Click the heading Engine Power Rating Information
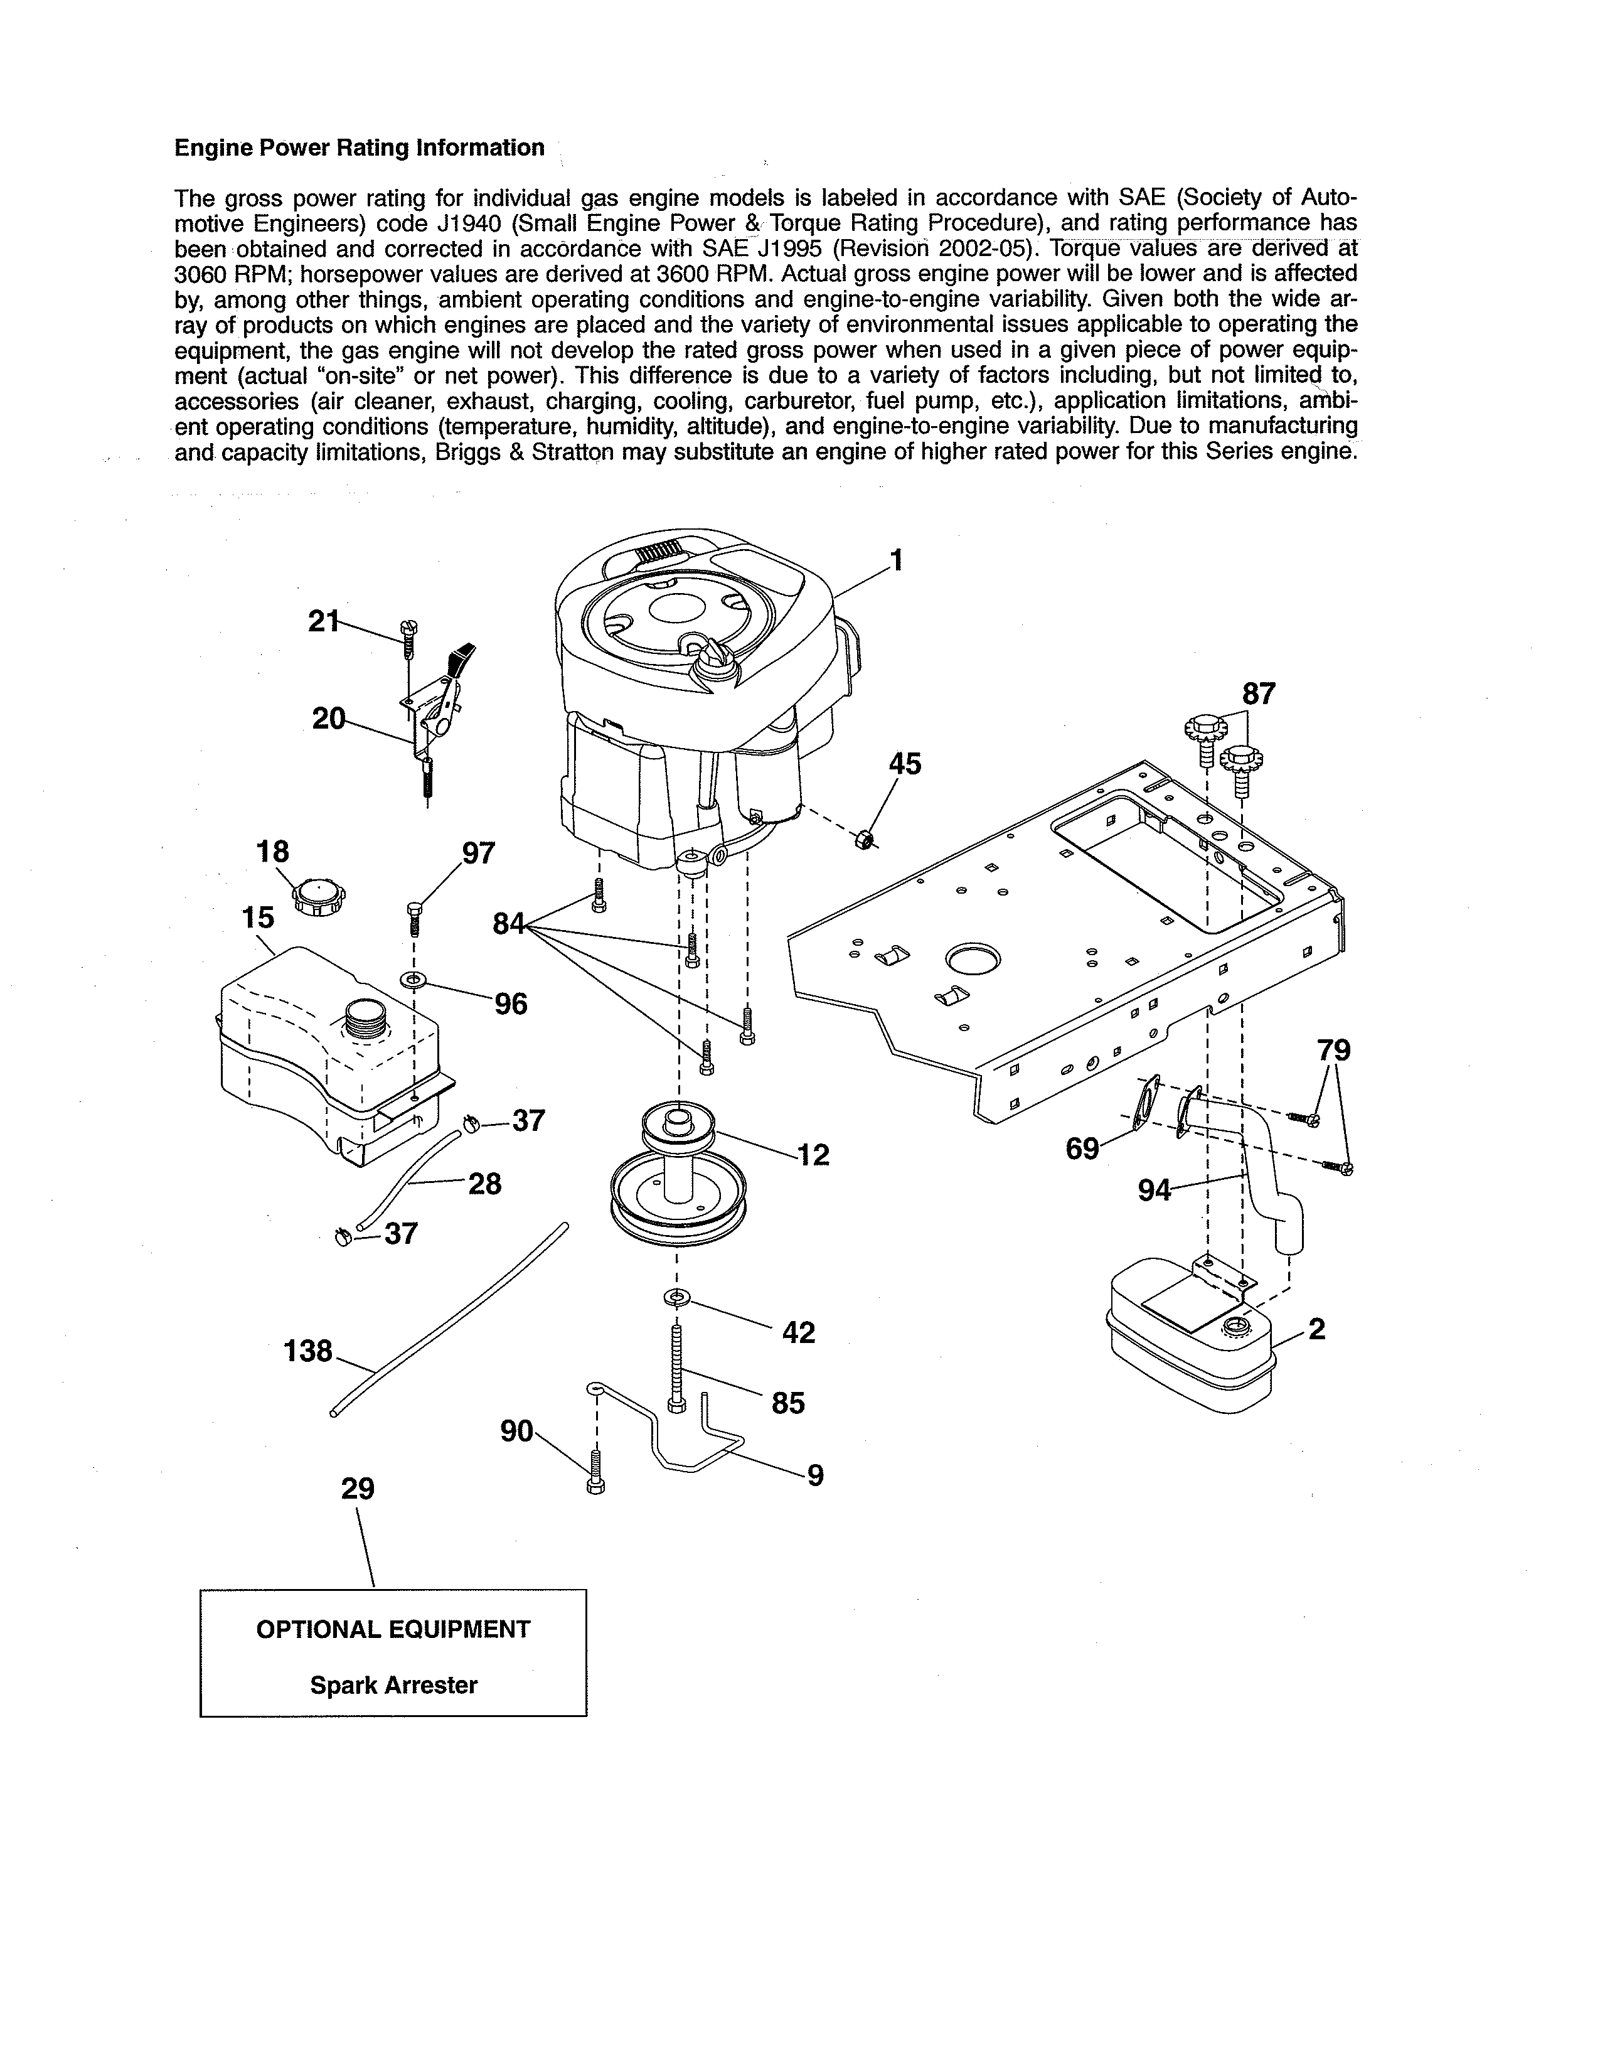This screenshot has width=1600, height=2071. pos(360,148)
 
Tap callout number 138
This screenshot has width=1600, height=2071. pos(308,1351)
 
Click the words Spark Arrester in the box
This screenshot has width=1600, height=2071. pos(393,1685)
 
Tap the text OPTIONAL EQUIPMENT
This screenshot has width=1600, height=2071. pos(393,1629)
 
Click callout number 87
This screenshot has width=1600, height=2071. pos(1259,694)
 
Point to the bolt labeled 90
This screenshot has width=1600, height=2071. pos(596,1471)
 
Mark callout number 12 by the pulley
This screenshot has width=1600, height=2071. pos(813,1154)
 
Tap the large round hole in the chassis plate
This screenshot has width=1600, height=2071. pos(973,959)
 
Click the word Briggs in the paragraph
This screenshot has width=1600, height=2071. pos(468,452)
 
